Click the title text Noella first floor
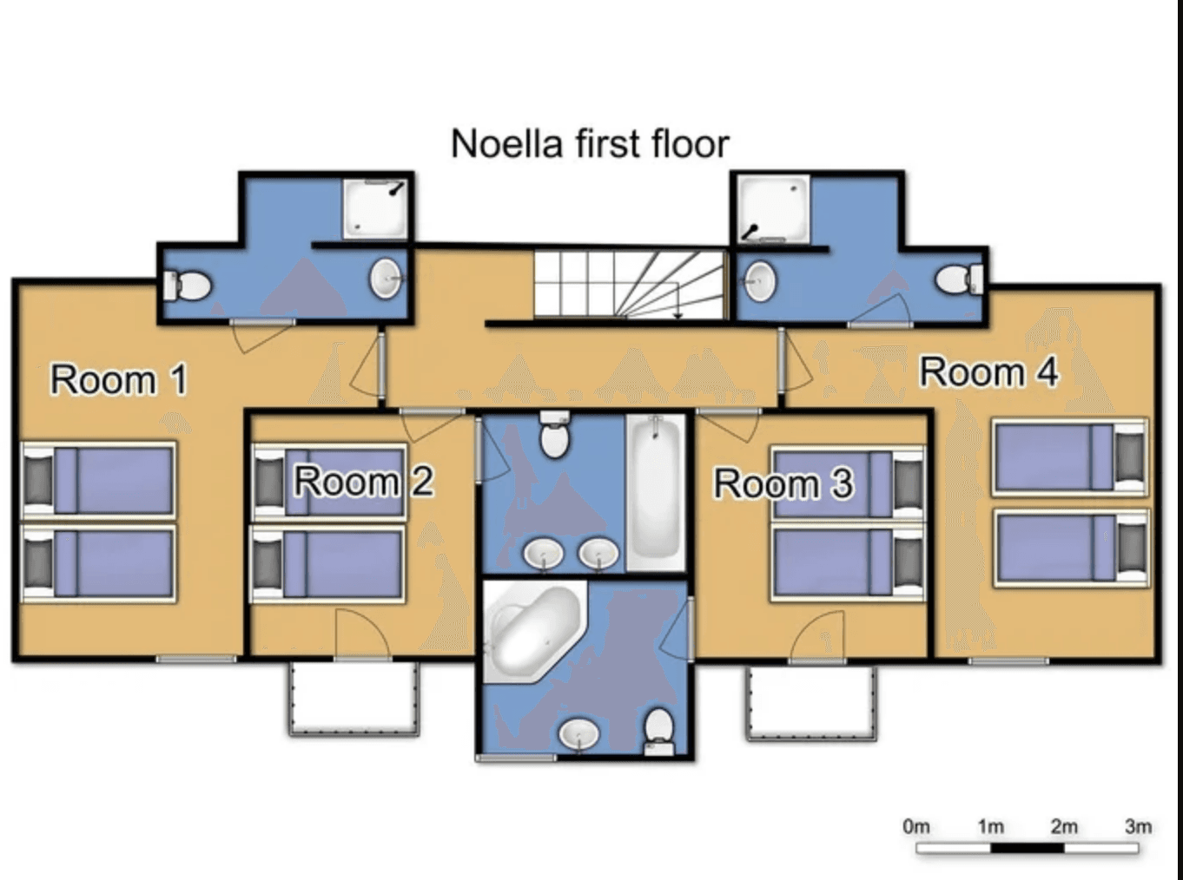(590, 143)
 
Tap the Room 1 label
(118, 380)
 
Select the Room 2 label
(363, 481)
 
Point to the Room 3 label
(783, 484)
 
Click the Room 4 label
(988, 372)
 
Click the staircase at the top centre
(628, 284)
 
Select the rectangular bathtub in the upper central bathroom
(656, 491)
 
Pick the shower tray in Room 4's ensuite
(772, 208)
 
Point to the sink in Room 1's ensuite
(386, 279)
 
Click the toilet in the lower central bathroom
(659, 730)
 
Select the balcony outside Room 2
(354, 699)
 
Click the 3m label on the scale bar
(1138, 826)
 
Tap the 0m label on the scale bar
(916, 826)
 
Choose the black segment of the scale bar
(1028, 848)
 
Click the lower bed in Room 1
(99, 563)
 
